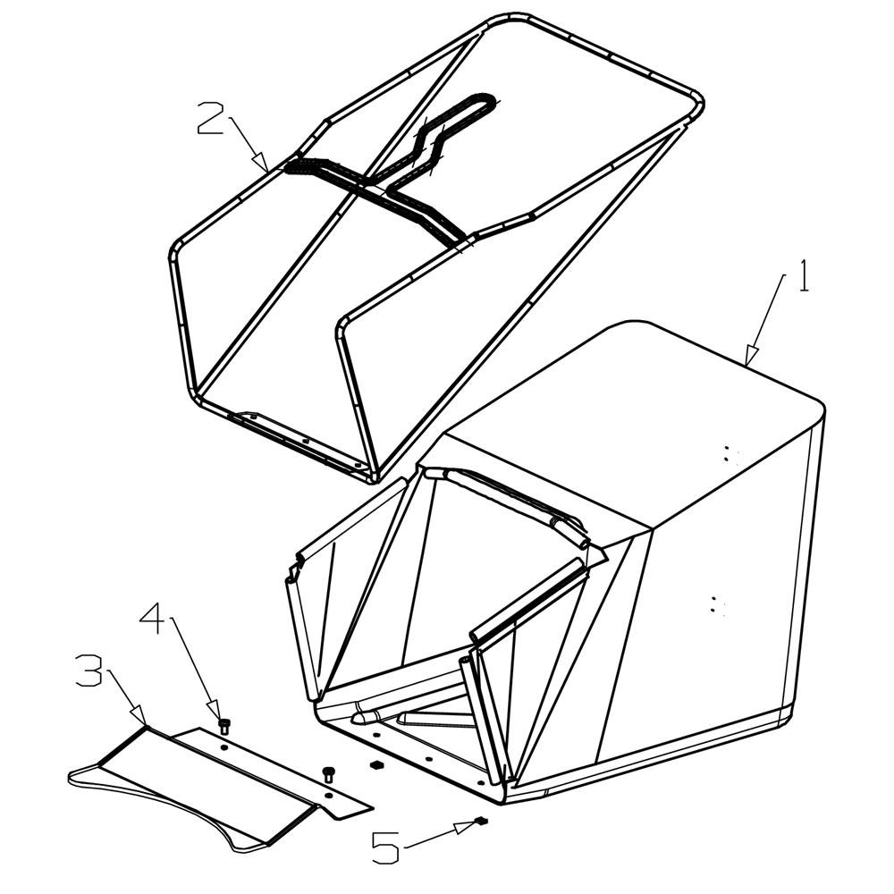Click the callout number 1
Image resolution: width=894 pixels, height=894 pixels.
click(804, 276)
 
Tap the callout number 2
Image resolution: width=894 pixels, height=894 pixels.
click(209, 118)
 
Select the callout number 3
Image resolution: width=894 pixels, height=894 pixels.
click(89, 671)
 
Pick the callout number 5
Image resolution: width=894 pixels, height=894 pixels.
click(385, 849)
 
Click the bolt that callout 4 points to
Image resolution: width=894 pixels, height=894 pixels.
click(224, 726)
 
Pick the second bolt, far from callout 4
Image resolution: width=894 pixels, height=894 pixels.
click(328, 774)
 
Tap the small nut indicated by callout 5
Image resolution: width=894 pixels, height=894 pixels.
click(481, 821)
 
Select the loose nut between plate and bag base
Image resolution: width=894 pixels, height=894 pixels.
click(375, 764)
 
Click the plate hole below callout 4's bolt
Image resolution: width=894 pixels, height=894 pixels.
click(224, 746)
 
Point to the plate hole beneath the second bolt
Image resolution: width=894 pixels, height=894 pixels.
click(328, 795)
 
